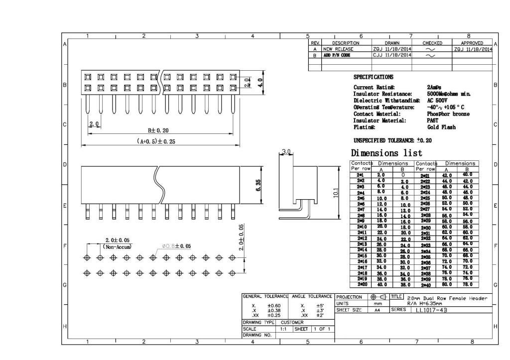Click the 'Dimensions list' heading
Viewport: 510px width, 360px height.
386,153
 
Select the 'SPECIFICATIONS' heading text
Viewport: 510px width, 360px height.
373,77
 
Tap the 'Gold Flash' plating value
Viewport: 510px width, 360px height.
441,127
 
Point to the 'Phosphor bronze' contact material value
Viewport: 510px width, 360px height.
448,114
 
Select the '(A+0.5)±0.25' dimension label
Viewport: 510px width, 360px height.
156,141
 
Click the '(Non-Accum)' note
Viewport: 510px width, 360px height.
118,246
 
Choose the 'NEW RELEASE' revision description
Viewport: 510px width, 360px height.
338,49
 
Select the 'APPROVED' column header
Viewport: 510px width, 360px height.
468,43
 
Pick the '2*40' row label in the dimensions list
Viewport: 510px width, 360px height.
424,285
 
